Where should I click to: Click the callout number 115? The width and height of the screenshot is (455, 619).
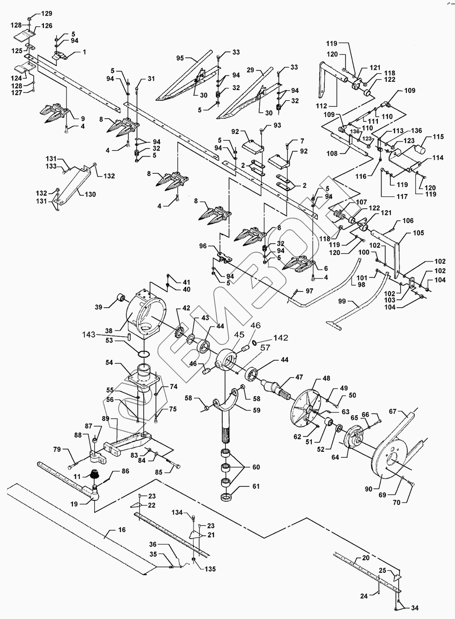click(438, 137)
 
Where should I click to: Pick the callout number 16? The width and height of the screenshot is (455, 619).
click(122, 530)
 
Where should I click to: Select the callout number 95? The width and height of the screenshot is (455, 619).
click(180, 58)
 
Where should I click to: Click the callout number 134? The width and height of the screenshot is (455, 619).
click(177, 512)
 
